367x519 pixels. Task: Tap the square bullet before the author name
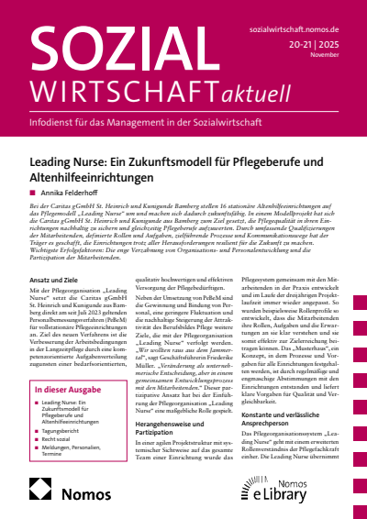pyautogui.click(x=33, y=193)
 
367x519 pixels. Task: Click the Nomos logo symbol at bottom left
pyautogui.click(x=40, y=494)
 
